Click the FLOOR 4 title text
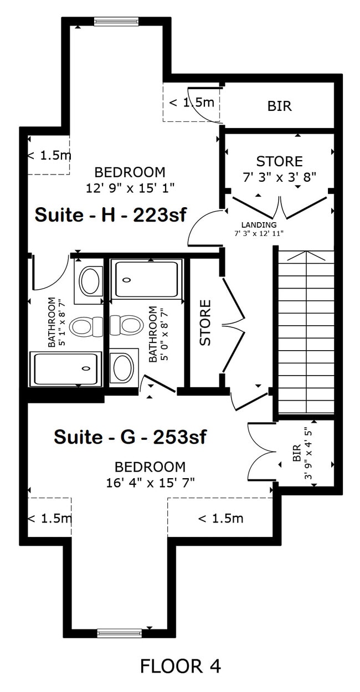(180, 665)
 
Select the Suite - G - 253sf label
(130, 437)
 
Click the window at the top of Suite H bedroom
(115, 22)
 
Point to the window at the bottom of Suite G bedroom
(120, 633)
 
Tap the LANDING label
(259, 225)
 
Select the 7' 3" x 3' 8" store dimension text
(279, 177)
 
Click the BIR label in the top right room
(279, 106)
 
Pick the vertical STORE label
(205, 322)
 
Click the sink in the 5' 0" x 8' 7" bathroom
(123, 367)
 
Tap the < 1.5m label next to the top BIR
(191, 102)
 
